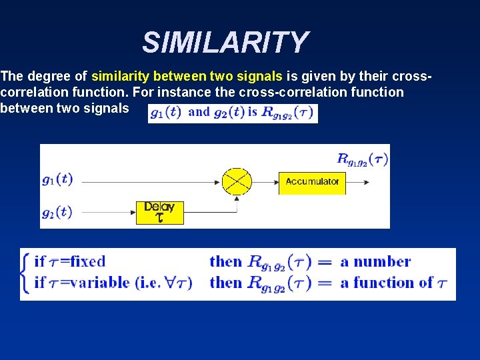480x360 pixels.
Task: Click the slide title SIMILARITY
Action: click(x=225, y=43)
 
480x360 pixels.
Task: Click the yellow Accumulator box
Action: click(x=312, y=181)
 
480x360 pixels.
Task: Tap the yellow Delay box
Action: click(x=159, y=212)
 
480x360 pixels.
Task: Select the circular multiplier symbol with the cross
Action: click(x=236, y=181)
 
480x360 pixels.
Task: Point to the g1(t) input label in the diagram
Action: click(x=57, y=179)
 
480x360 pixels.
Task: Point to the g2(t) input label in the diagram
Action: click(x=57, y=212)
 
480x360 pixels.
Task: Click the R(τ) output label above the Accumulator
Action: click(x=362, y=159)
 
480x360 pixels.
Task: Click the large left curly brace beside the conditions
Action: click(x=26, y=273)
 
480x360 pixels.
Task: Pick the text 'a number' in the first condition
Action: click(x=375, y=262)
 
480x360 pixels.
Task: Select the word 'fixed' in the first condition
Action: click(x=88, y=262)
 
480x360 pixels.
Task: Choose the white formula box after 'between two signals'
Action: click(x=233, y=113)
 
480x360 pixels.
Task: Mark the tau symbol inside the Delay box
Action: click(x=159, y=218)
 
